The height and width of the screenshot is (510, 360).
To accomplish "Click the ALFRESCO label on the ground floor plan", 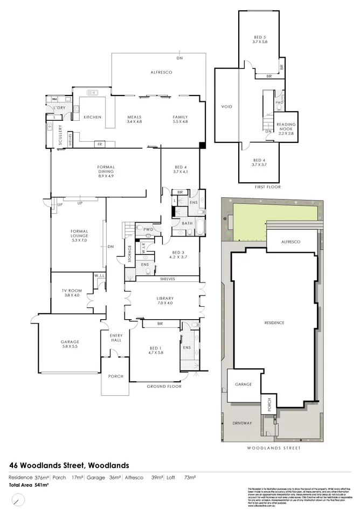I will point(161,72).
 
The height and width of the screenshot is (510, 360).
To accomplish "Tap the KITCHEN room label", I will point(92,117).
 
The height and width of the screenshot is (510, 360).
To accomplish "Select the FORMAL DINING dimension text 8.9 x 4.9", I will point(107,176).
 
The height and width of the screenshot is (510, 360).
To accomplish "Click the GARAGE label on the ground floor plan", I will point(70,342).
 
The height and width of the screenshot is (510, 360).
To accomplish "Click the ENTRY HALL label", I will point(116,339).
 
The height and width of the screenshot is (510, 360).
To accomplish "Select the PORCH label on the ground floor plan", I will point(116,376).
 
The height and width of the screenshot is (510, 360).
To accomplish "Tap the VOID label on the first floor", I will point(227,107).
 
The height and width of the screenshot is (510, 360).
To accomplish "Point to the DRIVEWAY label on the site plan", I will point(243,423).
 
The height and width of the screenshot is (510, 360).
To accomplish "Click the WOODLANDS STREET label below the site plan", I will point(273,448).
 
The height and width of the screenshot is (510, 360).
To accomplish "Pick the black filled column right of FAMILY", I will point(202,145).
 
